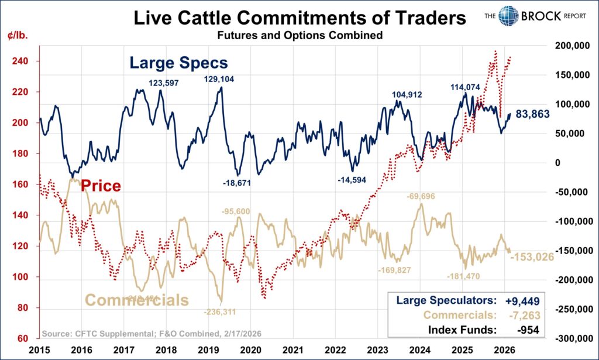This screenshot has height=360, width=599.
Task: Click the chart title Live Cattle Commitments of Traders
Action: pyautogui.click(x=299, y=18)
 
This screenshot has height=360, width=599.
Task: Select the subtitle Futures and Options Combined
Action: pyautogui.click(x=299, y=36)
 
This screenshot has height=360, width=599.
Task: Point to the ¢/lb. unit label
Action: pyautogui.click(x=19, y=35)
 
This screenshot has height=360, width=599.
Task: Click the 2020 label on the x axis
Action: pyautogui.click(x=250, y=350)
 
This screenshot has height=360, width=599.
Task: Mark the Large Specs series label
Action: pyautogui.click(x=178, y=62)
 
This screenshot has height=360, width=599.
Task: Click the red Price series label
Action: pyautogui.click(x=101, y=186)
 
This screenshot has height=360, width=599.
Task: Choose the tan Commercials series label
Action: pyautogui.click(x=137, y=300)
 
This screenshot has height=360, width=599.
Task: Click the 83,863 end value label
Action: pyautogui.click(x=532, y=115)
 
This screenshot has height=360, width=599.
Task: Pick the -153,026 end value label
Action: pyautogui.click(x=533, y=256)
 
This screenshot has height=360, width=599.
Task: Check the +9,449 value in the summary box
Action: pyautogui.click(x=521, y=300)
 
